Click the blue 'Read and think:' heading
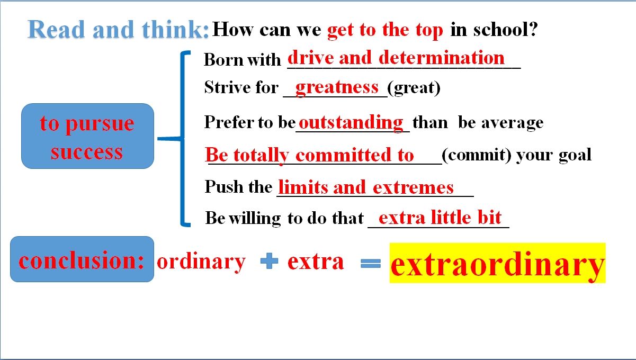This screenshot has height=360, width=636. pyautogui.click(x=119, y=29)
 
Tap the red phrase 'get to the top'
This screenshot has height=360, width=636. pyautogui.click(x=384, y=30)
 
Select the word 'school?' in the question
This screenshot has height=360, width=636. pyautogui.click(x=505, y=29)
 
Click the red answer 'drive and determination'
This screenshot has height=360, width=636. pyautogui.click(x=396, y=58)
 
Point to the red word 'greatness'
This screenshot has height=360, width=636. pyautogui.click(x=337, y=88)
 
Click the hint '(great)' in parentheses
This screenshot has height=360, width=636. pyautogui.click(x=414, y=88)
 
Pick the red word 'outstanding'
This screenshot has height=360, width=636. pyautogui.click(x=351, y=123)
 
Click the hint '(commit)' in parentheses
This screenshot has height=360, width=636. pyautogui.click(x=477, y=155)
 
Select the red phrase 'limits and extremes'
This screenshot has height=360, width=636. pyautogui.click(x=366, y=187)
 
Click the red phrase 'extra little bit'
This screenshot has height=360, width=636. pyautogui.click(x=440, y=218)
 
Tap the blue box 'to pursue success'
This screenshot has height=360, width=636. pyautogui.click(x=88, y=136)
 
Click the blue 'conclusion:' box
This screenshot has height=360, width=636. pyautogui.click(x=82, y=259)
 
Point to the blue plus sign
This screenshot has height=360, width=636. pyautogui.click(x=269, y=260)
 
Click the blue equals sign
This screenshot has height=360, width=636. pyautogui.click(x=371, y=263)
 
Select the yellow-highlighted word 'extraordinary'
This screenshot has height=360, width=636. pyautogui.click(x=497, y=263)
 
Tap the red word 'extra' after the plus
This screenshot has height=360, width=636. pyautogui.click(x=316, y=262)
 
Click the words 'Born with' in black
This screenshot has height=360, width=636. pyautogui.click(x=243, y=60)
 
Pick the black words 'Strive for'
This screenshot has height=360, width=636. pyautogui.click(x=241, y=87)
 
